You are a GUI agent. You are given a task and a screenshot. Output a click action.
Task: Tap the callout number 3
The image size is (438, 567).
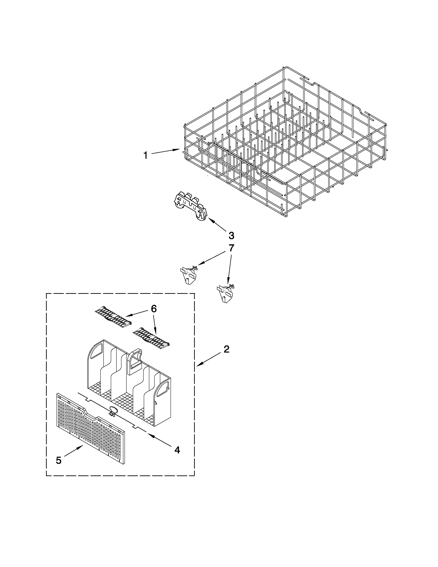coord(231,236)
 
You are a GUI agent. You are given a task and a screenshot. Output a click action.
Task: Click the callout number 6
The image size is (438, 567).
coord(154,309)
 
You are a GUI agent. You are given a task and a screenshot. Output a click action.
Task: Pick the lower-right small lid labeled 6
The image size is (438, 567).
coord(151,336)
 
